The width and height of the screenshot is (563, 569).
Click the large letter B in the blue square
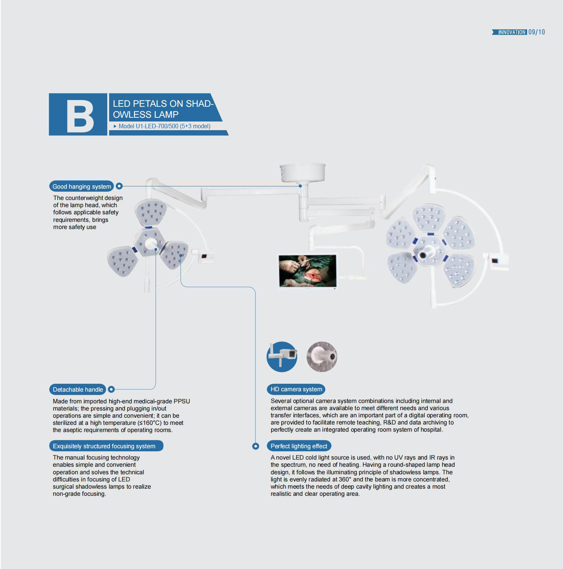pos(80,116)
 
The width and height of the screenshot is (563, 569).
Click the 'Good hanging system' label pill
pos(82,186)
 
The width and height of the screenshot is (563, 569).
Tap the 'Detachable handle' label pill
pos(77,389)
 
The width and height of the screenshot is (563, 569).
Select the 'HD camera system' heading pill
pos(296,389)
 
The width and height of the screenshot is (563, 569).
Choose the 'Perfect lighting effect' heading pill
pos(299,446)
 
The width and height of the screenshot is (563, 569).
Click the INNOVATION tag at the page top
pos(509,32)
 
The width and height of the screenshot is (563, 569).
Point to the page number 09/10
pos(537,32)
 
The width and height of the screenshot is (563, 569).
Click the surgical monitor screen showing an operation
pos(307,271)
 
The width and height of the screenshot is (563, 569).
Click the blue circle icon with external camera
pos(282,357)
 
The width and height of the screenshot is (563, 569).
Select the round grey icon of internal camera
pos(322,357)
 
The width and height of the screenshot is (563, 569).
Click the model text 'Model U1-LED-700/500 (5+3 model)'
pos(164,126)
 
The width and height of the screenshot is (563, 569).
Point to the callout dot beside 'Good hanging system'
pos(119,186)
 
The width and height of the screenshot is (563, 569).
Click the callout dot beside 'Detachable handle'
pos(111,389)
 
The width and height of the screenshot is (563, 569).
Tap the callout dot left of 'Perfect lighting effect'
pos(256,446)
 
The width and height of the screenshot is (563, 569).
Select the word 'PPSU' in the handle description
pos(182,401)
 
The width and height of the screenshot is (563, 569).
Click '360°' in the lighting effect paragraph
pos(345,479)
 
